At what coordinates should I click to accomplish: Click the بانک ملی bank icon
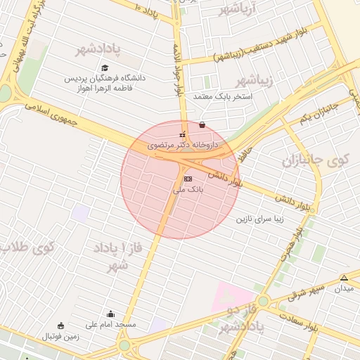pos(186,179)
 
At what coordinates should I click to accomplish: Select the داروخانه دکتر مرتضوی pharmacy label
pos(183,145)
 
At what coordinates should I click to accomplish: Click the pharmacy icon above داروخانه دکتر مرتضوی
pos(183,134)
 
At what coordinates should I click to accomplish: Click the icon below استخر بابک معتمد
pos(202,125)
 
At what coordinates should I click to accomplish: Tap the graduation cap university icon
pos(105,68)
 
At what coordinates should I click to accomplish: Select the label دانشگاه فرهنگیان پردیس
pos(105,79)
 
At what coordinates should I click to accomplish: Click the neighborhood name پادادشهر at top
pos(98,50)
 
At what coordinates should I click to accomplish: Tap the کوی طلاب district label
pos(28,248)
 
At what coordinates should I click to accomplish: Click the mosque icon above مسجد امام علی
pos(110,314)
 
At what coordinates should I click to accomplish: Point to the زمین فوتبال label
pos(63,336)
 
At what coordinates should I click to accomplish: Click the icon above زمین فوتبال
pos(60,326)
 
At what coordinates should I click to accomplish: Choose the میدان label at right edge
pos(345,288)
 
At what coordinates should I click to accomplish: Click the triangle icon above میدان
pos(344,278)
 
